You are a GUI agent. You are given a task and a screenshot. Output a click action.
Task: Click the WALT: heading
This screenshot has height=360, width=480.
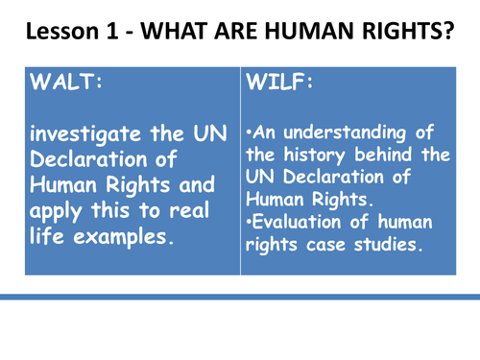[66, 83]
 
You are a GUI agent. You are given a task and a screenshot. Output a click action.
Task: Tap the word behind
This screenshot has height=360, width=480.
[384, 156]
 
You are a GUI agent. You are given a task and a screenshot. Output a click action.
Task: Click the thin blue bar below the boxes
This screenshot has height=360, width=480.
[240, 298]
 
